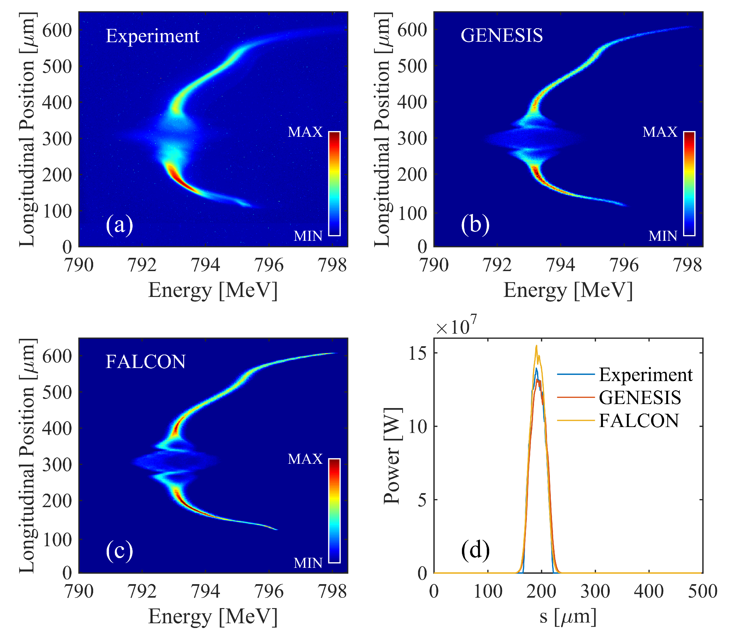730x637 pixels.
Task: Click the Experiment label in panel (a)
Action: point(153,36)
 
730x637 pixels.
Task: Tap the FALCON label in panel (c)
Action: point(146,362)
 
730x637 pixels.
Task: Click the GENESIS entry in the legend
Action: point(640,397)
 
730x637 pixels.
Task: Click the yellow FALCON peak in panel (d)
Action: point(537,346)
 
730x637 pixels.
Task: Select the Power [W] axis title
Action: point(392,456)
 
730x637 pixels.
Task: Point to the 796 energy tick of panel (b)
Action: point(624,265)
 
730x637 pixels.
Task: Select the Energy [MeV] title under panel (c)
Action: point(213,616)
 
